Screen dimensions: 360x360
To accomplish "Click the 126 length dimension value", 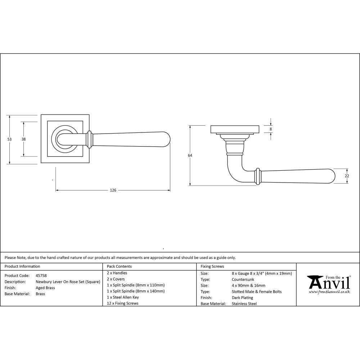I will [113, 190].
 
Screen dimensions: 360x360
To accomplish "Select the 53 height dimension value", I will [9, 139].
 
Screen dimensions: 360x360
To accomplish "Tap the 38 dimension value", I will [24, 139].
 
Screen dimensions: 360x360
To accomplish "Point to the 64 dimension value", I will [190, 156].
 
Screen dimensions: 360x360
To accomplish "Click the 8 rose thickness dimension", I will [271, 129].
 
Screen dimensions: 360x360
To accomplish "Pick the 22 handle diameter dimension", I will [347, 176].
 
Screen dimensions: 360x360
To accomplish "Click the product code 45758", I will [41, 275].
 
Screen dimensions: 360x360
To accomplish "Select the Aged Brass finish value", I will [45, 288].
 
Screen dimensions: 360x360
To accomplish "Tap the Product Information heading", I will [22, 266].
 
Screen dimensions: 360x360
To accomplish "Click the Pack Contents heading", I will [119, 266].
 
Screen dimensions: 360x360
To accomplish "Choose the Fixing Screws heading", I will [212, 266].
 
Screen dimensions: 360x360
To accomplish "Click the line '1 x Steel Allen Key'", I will [123, 297].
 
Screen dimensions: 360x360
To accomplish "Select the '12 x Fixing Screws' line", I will [123, 303].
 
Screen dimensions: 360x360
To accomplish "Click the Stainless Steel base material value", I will [244, 304].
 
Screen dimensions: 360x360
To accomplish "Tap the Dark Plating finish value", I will [243, 298].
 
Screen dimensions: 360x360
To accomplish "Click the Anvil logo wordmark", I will [328, 283].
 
